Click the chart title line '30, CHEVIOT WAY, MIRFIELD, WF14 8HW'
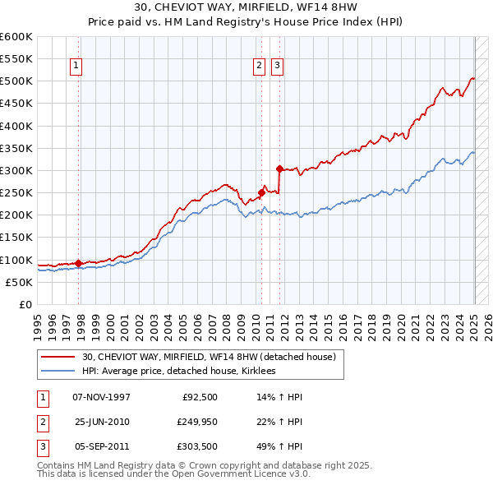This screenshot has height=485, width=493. [246, 7]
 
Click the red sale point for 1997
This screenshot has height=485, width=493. [79, 263]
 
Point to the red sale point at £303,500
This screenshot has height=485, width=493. [280, 169]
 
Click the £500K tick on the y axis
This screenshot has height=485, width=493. [17, 81]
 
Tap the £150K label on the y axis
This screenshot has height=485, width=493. [17, 238]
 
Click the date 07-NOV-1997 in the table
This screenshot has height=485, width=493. [101, 397]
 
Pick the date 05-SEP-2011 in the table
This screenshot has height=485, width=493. [101, 446]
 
